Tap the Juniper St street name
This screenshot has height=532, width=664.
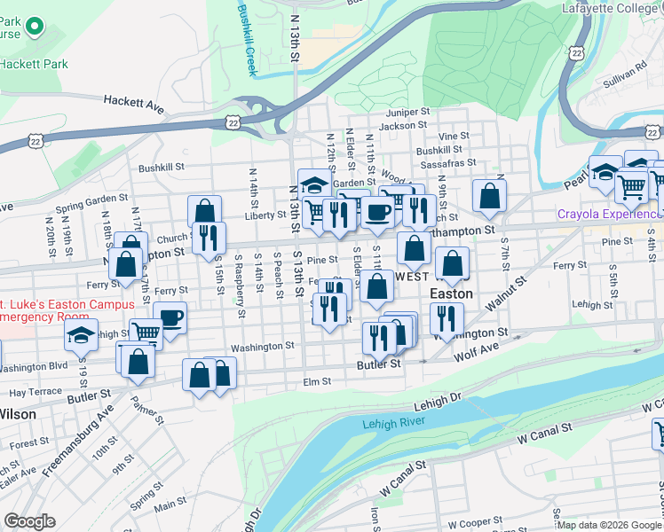407,113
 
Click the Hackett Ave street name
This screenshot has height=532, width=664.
134,104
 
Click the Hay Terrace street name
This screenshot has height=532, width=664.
36,391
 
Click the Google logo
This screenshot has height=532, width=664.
29,521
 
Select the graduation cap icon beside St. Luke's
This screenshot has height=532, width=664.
81,337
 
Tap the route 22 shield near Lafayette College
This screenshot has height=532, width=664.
577,53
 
